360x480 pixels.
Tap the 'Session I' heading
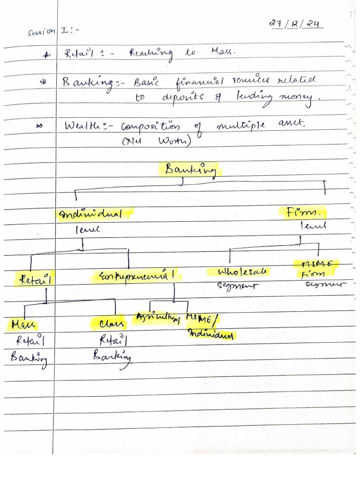point(47,32)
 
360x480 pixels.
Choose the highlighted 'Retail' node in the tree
point(35,279)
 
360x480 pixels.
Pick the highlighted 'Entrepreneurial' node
point(138,275)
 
